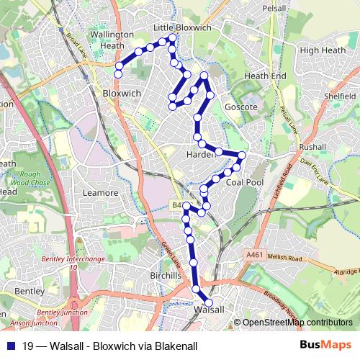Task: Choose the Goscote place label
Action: pyautogui.click(x=240, y=107)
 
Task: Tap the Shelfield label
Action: pyautogui.click(x=340, y=94)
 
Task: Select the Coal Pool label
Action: pyautogui.click(x=244, y=182)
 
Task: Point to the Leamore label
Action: pyautogui.click(x=101, y=193)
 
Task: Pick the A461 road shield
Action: pyautogui.click(x=253, y=255)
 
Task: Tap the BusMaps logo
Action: pyautogui.click(x=326, y=346)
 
